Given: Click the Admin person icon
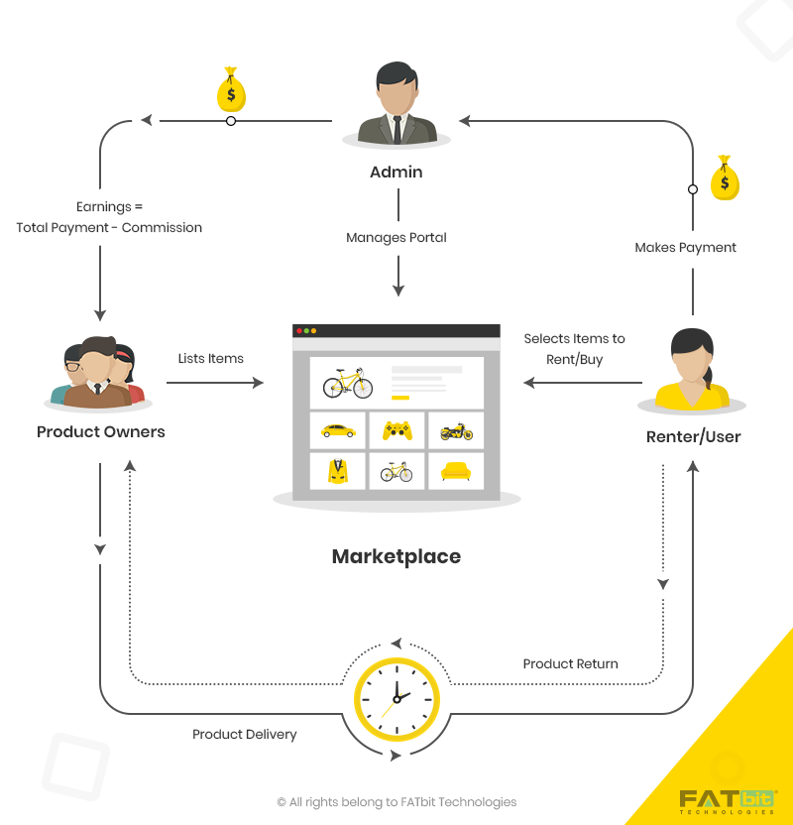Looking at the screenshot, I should click(396, 105).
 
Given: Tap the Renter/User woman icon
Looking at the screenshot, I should click(691, 370).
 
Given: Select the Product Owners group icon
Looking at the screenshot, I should click(97, 374).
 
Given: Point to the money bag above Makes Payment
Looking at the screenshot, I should click(726, 178).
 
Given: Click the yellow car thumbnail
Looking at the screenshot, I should click(338, 430).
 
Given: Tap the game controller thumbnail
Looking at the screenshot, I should click(396, 430).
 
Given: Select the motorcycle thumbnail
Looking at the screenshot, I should click(456, 431).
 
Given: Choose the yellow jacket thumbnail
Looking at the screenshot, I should click(338, 470).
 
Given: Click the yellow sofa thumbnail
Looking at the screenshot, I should click(456, 471).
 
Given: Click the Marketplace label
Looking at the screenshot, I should click(396, 556).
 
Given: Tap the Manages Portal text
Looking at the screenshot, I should click(396, 238).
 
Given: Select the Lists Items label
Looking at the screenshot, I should click(211, 358).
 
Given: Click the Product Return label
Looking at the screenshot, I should click(570, 663).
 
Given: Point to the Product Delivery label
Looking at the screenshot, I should click(245, 735).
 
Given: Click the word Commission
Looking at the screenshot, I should click(162, 228).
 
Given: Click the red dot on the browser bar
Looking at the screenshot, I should click(298, 330).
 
